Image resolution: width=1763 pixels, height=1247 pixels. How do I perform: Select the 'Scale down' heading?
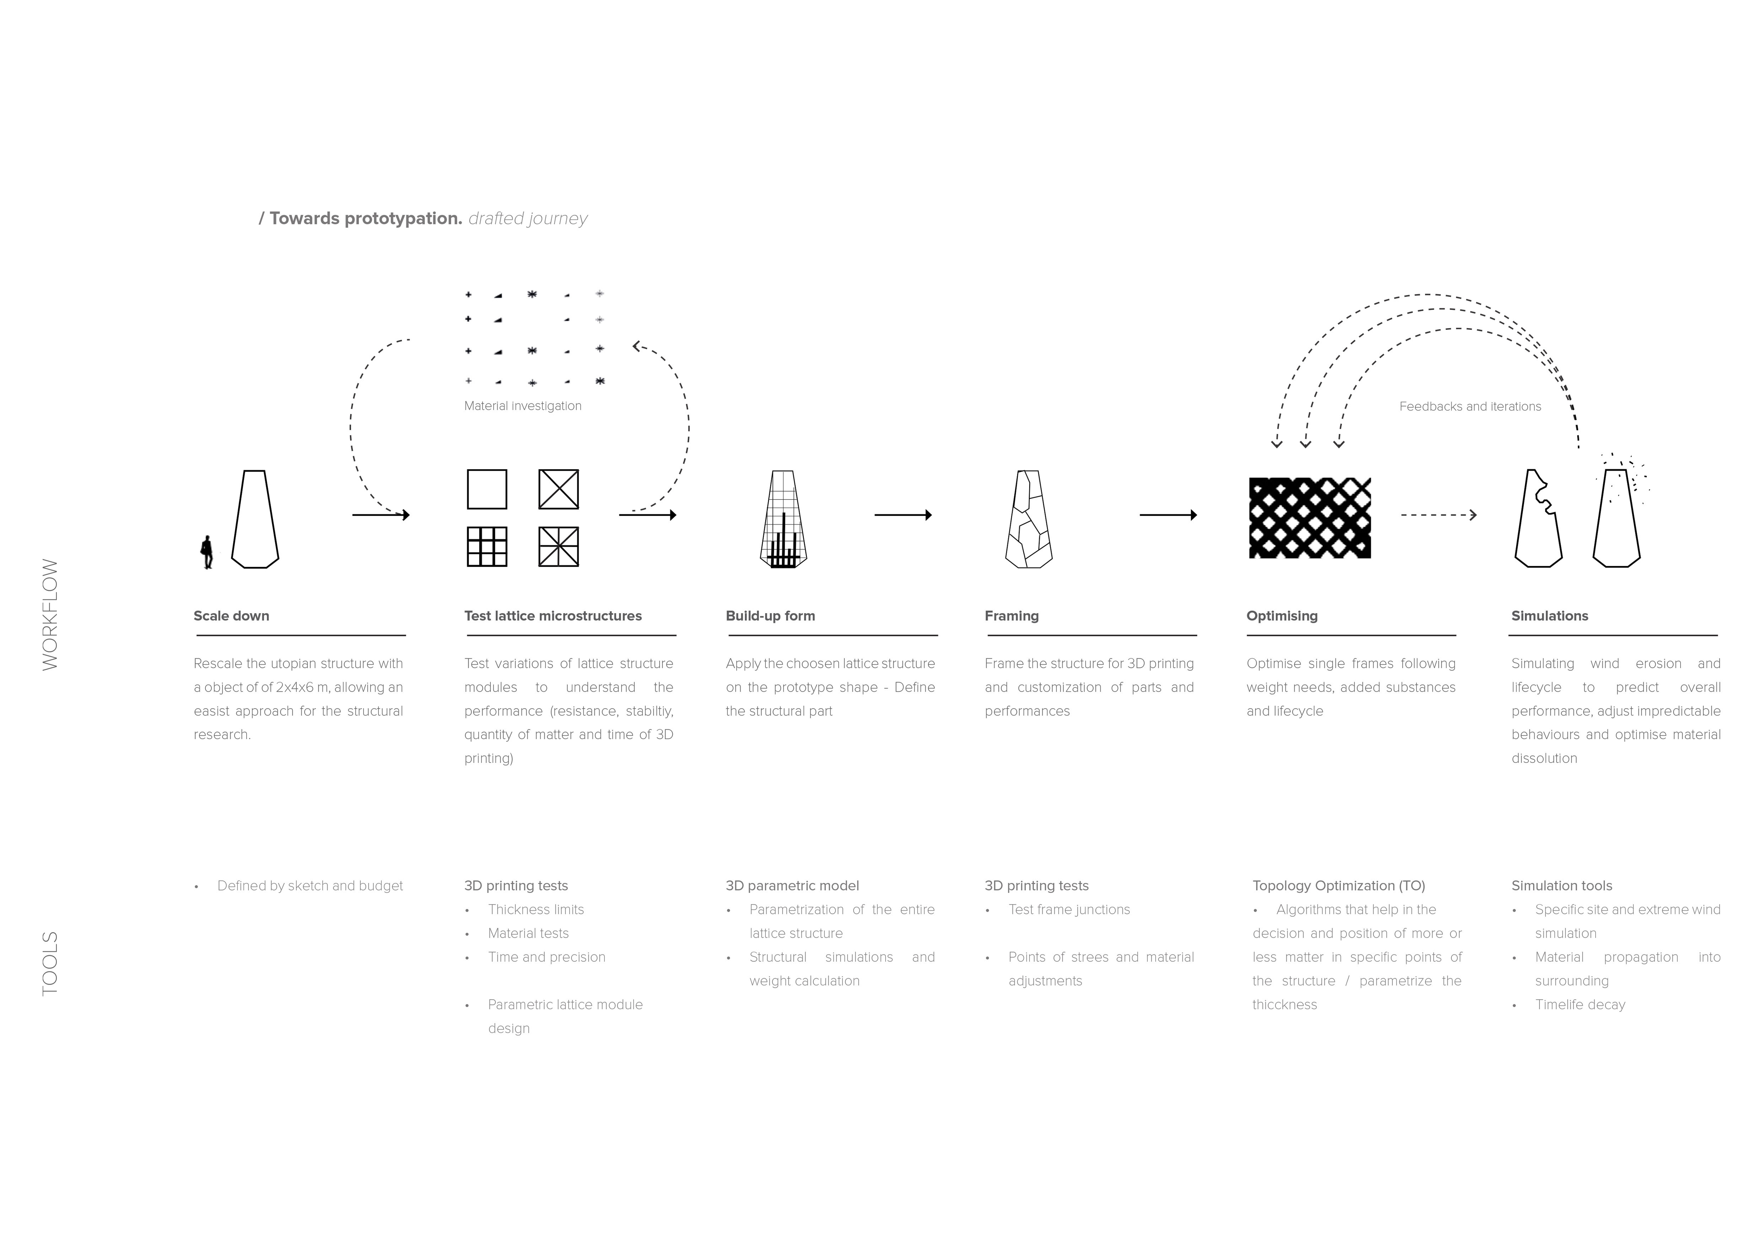(x=231, y=616)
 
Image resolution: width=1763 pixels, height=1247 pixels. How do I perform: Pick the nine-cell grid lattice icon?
(x=487, y=547)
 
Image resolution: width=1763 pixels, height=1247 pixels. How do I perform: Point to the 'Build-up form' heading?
(x=770, y=616)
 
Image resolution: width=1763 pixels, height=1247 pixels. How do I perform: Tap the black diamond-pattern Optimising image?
(x=1310, y=518)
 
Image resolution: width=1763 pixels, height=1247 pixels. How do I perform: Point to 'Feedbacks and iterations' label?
(x=1470, y=406)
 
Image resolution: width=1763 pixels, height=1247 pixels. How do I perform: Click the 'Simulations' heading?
(x=1549, y=616)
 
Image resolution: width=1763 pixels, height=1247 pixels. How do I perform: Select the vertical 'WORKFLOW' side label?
(x=50, y=614)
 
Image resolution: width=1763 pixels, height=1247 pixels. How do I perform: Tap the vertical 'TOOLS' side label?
(x=50, y=964)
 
